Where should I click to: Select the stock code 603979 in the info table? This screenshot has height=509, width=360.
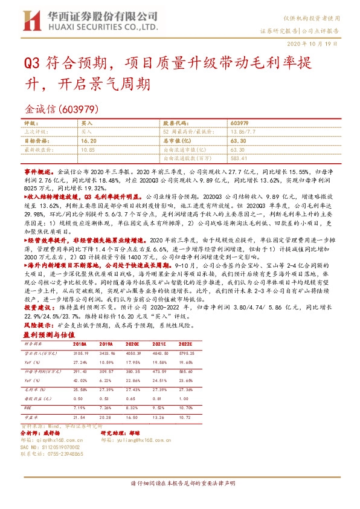coord(239,122)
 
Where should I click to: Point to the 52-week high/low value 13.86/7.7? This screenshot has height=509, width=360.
coord(243,131)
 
